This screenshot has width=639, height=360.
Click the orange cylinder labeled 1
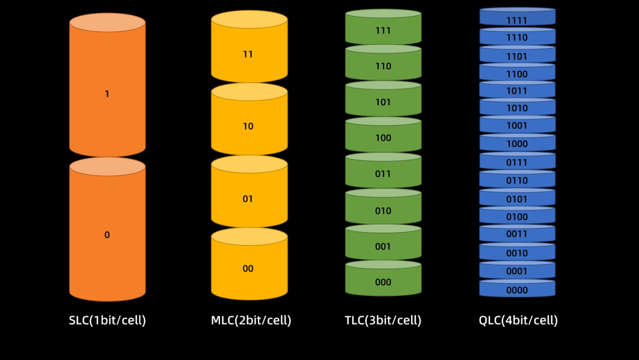tap(107, 85)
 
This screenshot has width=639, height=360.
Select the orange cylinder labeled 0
tap(107, 230)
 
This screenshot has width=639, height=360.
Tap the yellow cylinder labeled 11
tap(249, 46)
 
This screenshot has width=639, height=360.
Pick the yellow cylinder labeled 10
tap(249, 119)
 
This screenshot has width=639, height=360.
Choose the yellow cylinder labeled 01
tap(249, 192)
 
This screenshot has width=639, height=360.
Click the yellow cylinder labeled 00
tap(249, 264)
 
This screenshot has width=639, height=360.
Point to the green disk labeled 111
tap(383, 27)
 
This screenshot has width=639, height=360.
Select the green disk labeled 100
tap(383, 134)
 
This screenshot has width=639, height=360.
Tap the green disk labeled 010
tap(383, 206)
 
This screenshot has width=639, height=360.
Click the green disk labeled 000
tap(383, 278)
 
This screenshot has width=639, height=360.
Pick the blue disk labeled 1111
tap(517, 17)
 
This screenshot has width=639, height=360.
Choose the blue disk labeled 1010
tap(517, 107)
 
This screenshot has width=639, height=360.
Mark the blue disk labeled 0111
tap(517, 160)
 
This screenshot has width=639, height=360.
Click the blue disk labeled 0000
tap(517, 288)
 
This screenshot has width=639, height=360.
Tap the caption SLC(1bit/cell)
tap(107, 320)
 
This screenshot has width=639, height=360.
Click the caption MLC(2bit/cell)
tap(251, 320)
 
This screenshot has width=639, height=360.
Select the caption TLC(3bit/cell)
tap(383, 320)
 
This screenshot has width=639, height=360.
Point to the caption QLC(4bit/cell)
tap(518, 320)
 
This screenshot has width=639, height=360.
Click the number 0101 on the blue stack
tap(517, 199)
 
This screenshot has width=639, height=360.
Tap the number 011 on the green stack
tap(383, 173)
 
